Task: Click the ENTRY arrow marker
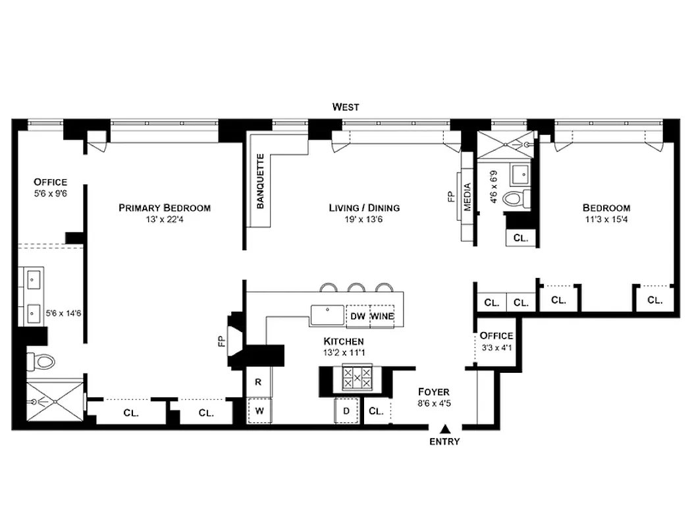[x=445, y=428]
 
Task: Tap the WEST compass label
[x=346, y=107]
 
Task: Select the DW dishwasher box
[x=358, y=316]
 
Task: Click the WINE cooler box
[x=382, y=316]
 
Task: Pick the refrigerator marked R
[x=259, y=382]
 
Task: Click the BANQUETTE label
[x=260, y=181]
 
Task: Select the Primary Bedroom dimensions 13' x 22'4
[x=165, y=220]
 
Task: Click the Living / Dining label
[x=364, y=208]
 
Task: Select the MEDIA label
[x=468, y=196]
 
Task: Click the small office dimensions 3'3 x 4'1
[x=496, y=347]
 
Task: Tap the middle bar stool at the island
[x=357, y=287]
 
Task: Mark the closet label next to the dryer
[x=376, y=412]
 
